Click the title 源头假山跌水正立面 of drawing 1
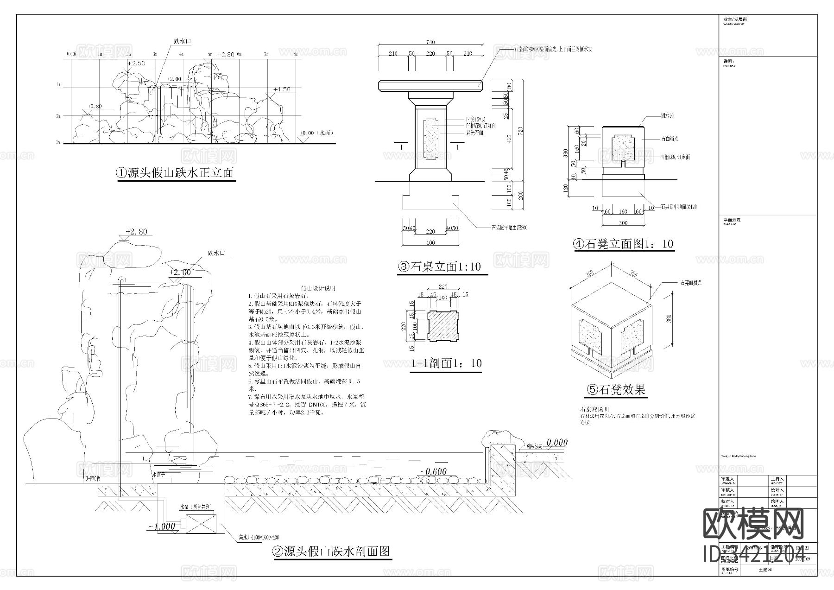click(x=175, y=173)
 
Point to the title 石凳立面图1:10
click(x=624, y=244)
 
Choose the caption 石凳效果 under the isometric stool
click(x=616, y=389)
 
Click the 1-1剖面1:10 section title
click(x=447, y=363)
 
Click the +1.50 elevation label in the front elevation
click(x=281, y=89)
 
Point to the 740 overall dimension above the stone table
click(x=430, y=42)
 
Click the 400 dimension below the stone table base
click(x=430, y=243)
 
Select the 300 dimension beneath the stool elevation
click(x=623, y=223)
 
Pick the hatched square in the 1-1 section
click(x=443, y=327)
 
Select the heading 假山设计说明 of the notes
click(x=318, y=288)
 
